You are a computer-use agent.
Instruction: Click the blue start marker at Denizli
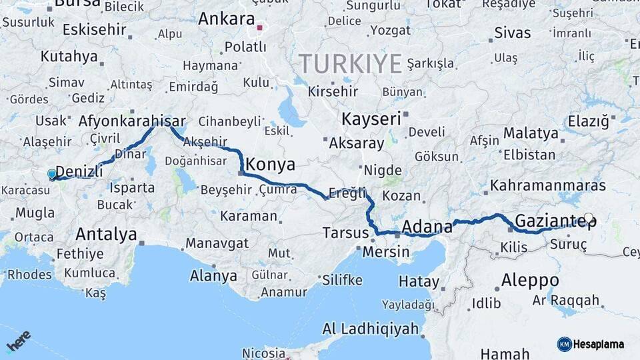pyautogui.click(x=52, y=175)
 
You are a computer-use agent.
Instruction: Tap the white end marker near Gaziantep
pyautogui.click(x=589, y=218)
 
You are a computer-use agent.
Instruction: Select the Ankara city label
pyautogui.click(x=227, y=19)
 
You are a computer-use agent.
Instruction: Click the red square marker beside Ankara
pyautogui.click(x=260, y=28)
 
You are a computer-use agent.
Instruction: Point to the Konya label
pyautogui.click(x=271, y=164)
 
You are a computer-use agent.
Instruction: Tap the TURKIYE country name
pyautogui.click(x=350, y=64)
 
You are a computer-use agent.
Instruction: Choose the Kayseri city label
pyautogui.click(x=372, y=119)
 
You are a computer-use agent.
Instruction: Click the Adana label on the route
pyautogui.click(x=427, y=227)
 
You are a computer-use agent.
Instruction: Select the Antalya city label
pyautogui.click(x=106, y=234)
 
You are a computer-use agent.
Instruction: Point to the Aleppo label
pyautogui.click(x=530, y=279)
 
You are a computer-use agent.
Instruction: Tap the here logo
pyautogui.click(x=18, y=341)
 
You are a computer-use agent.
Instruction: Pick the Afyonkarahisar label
pyautogui.click(x=132, y=121)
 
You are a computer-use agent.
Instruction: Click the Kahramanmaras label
pyautogui.click(x=548, y=185)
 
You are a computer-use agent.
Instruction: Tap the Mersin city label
pyautogui.click(x=386, y=252)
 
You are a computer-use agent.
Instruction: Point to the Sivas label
pyautogui.click(x=513, y=33)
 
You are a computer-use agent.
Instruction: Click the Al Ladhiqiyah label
pyautogui.click(x=371, y=329)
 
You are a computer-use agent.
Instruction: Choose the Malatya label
pyautogui.click(x=531, y=133)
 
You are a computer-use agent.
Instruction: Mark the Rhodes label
pyautogui.click(x=29, y=275)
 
